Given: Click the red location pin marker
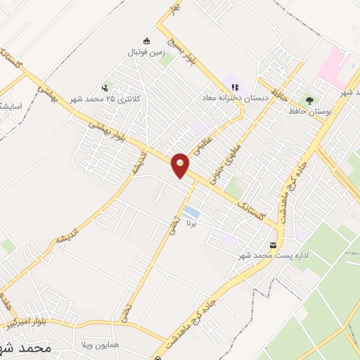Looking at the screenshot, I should (181, 165).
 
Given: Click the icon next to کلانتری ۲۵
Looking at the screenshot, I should (105, 88).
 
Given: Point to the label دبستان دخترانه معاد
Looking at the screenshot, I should (235, 98).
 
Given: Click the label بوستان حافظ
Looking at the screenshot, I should (309, 112).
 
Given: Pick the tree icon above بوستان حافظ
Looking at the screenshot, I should (309, 100).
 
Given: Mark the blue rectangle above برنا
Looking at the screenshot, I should (191, 212).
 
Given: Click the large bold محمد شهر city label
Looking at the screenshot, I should (38, 347).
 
